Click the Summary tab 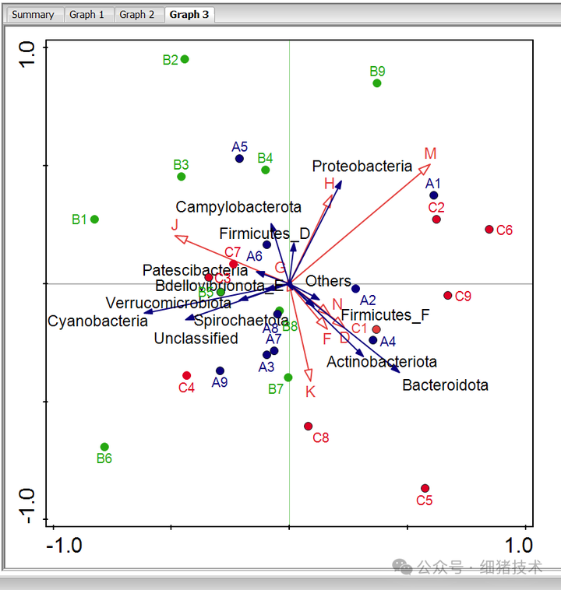coord(33,14)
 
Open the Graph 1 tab coord(86,14)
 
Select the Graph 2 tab coord(136,14)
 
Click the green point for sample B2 coord(185,59)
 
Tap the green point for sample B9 coord(377,83)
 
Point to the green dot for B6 coord(104,447)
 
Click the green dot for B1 coord(95,219)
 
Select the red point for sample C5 coord(425,488)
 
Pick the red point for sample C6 coord(489,230)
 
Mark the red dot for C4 coord(187,375)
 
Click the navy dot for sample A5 coord(239,159)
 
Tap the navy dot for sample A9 coord(221,371)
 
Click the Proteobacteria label coord(362,166)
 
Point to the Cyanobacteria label coord(97,321)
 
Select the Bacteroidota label coord(445,385)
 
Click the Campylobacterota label coord(238,207)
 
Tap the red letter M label coord(430,153)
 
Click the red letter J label coord(175,226)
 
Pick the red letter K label coord(310,392)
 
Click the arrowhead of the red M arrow coord(427,167)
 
